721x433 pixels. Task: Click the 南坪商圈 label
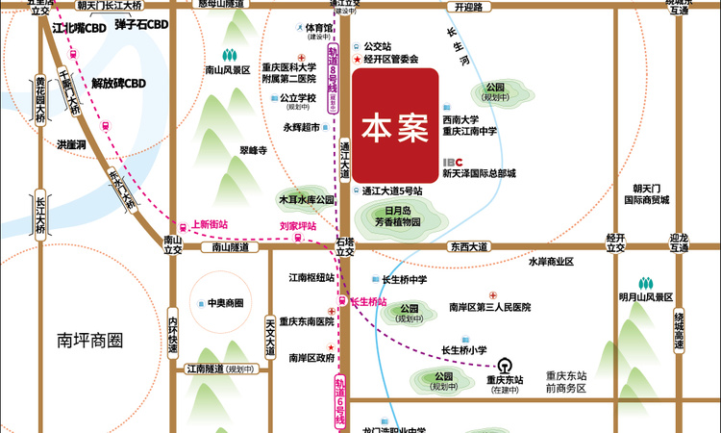pyautogui.click(x=91, y=340)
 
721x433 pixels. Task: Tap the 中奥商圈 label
pyautogui.click(x=225, y=303)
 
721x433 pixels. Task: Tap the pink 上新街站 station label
pyautogui.click(x=210, y=224)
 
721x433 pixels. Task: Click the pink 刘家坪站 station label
pyautogui.click(x=298, y=226)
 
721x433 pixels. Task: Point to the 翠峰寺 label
pyautogui.click(x=253, y=151)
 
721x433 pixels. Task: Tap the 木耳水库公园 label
pyautogui.click(x=306, y=199)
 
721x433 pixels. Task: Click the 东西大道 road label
pyautogui.click(x=468, y=246)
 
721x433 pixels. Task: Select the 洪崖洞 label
pyautogui.click(x=71, y=144)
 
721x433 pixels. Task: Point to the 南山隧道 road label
pyautogui.click(x=230, y=247)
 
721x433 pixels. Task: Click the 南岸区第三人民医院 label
pyautogui.click(x=489, y=307)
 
